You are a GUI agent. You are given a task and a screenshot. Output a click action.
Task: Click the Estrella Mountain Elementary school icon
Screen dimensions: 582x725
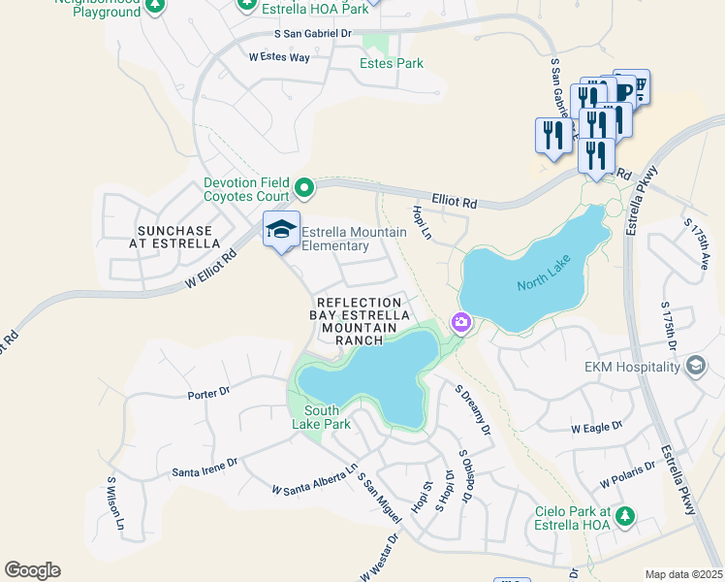point(281,229)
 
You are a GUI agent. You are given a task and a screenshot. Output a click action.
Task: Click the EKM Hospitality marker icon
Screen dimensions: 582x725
point(695,366)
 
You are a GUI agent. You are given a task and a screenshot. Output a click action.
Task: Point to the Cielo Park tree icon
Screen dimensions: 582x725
point(626,516)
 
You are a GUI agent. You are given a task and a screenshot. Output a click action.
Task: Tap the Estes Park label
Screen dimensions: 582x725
point(392,63)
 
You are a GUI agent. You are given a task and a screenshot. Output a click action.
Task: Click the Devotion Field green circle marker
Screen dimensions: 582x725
point(304,186)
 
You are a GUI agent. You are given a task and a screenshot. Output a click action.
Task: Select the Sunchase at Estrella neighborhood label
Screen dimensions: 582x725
point(174,237)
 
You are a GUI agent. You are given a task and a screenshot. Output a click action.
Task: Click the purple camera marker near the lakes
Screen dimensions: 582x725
point(460,322)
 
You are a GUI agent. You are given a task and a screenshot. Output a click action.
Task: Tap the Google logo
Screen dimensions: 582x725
point(32,570)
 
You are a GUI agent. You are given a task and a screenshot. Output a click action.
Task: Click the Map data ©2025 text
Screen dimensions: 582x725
point(683,574)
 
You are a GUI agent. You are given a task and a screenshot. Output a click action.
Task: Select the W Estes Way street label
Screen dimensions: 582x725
point(279,58)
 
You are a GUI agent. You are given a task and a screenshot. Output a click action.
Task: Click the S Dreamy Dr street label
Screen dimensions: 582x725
point(473,409)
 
